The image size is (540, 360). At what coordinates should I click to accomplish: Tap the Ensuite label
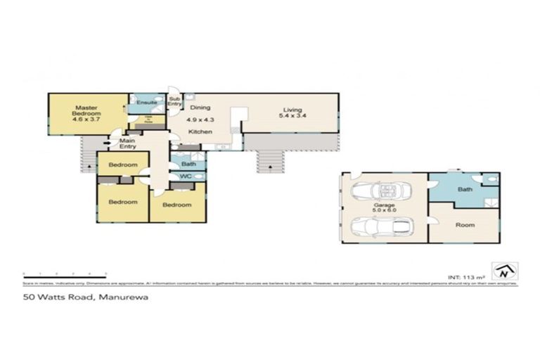click(x=146, y=103)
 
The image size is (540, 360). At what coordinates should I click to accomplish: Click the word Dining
click(x=200, y=108)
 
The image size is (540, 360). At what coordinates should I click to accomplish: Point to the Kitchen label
click(x=199, y=131)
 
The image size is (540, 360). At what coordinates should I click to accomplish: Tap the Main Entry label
click(x=127, y=143)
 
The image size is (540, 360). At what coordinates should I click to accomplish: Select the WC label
click(x=186, y=176)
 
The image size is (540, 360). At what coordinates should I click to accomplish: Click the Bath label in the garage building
click(x=465, y=190)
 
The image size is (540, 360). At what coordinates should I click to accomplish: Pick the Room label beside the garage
click(x=465, y=225)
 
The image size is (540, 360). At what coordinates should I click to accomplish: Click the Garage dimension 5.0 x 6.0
click(x=384, y=208)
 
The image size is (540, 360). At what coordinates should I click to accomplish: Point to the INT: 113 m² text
click(x=465, y=276)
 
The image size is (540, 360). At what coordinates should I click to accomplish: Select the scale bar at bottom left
click(x=64, y=273)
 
